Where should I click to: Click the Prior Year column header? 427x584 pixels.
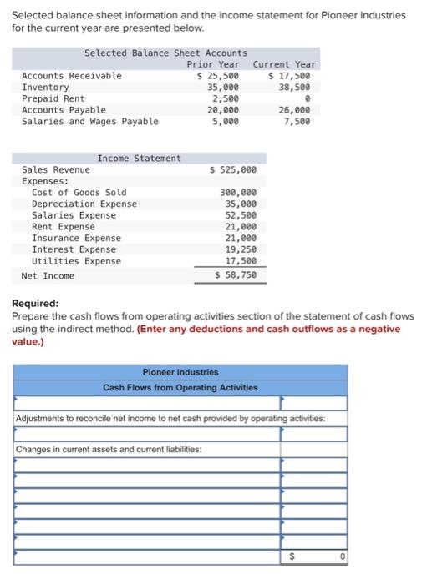click(212, 64)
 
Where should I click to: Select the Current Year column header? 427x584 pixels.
click(284, 64)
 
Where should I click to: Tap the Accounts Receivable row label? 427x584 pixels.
click(71, 76)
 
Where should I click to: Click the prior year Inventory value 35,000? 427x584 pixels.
click(222, 87)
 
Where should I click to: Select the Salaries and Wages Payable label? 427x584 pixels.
click(89, 122)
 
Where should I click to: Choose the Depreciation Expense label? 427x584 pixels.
click(84, 204)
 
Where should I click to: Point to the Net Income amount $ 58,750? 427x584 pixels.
click(236, 274)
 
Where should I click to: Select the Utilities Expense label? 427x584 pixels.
click(76, 261)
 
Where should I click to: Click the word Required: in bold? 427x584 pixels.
click(36, 304)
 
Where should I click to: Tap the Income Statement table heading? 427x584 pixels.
click(139, 158)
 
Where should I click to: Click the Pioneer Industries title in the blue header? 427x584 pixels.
click(180, 372)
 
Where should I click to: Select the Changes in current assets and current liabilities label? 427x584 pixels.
click(109, 449)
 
